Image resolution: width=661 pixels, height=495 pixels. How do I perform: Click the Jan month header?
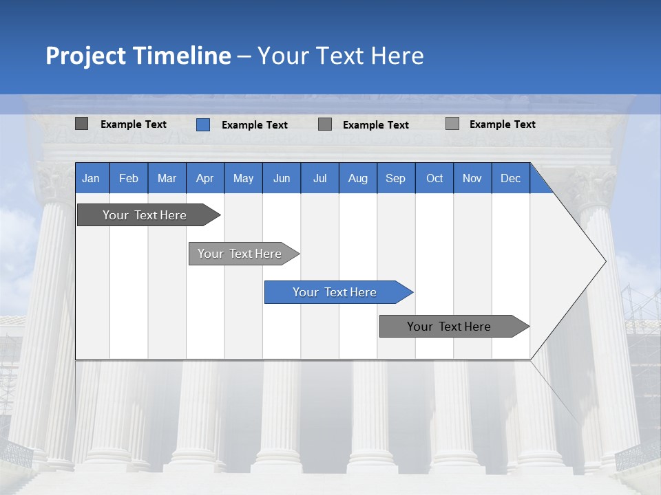point(91,178)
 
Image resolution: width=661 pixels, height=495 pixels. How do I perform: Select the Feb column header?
point(129,178)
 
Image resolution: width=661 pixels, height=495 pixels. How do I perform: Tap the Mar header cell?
point(167,178)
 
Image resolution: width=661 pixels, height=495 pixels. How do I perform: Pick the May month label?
point(243,178)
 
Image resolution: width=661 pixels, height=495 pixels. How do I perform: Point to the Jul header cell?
point(319,178)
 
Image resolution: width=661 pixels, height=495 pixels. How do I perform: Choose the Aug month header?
point(357,178)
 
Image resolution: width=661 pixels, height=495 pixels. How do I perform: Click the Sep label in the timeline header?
point(395,178)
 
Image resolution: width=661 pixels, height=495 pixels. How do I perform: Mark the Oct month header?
point(434,178)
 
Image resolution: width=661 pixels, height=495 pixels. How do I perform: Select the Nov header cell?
point(472,178)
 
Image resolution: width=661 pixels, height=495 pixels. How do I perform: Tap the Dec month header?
point(510,178)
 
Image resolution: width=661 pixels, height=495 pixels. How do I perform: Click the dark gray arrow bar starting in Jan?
point(145,215)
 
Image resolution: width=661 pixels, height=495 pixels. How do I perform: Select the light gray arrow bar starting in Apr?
point(240,254)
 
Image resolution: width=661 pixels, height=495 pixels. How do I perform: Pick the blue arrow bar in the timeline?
point(335,292)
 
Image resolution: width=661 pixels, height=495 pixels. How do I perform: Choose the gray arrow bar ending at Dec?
point(449,327)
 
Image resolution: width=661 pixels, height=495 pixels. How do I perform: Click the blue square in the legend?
point(203,124)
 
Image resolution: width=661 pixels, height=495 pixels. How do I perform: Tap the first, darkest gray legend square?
point(82,124)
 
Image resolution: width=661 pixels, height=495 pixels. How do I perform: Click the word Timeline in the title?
point(182,56)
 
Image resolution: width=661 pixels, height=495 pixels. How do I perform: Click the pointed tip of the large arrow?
point(604,261)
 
